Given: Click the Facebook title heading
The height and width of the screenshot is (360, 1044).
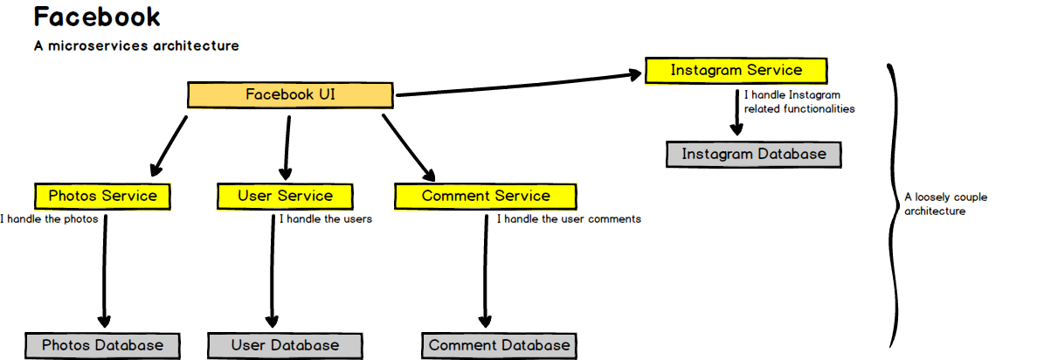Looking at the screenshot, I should pyautogui.click(x=97, y=17).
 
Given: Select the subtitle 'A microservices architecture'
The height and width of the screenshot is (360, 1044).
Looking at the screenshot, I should pyautogui.click(x=135, y=45).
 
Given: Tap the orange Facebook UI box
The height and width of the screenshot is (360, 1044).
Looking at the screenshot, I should pyautogui.click(x=290, y=95).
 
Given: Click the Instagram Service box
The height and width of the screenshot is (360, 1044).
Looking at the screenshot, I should pyautogui.click(x=736, y=70).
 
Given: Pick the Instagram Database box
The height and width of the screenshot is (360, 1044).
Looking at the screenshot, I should pyautogui.click(x=753, y=155).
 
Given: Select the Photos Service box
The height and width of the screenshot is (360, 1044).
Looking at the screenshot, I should pyautogui.click(x=102, y=196).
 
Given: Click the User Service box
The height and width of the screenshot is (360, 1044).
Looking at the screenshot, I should pyautogui.click(x=285, y=196).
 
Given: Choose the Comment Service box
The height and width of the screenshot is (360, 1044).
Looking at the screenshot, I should pyautogui.click(x=486, y=196).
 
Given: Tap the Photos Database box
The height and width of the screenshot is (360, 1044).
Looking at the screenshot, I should pyautogui.click(x=102, y=345).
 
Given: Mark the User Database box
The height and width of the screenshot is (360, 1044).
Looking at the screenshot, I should pyautogui.click(x=285, y=345).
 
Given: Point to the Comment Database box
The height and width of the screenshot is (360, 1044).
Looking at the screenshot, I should pyautogui.click(x=499, y=345).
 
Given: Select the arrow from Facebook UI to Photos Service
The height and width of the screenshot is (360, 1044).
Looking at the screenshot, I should pyautogui.click(x=169, y=145).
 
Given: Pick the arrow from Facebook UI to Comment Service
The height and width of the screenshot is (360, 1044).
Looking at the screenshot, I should pyautogui.click(x=408, y=145).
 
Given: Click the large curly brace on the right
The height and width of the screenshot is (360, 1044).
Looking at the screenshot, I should pyautogui.click(x=894, y=205).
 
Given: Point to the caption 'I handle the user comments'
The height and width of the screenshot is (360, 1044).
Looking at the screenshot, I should pyautogui.click(x=569, y=219).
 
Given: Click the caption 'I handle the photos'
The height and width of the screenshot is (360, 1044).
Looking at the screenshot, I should pyautogui.click(x=49, y=219).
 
